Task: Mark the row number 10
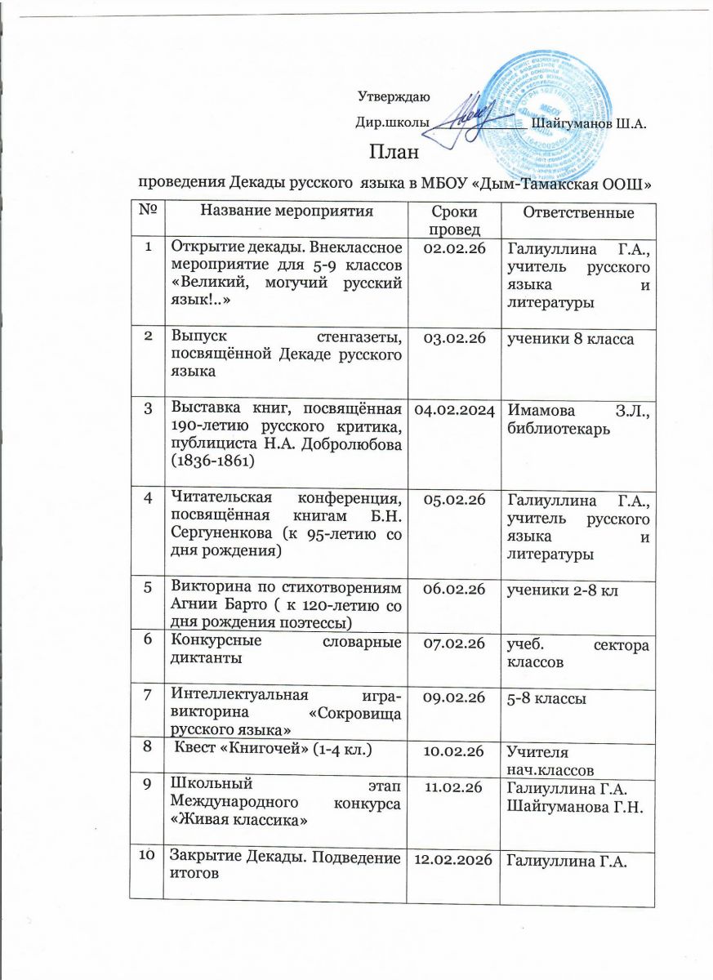click(148, 857)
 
